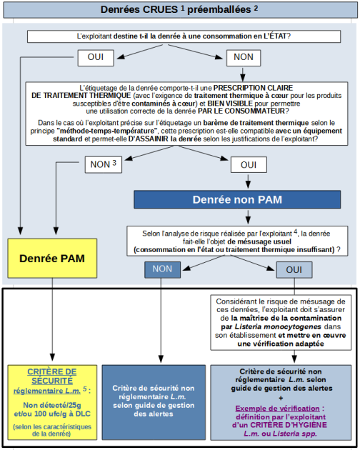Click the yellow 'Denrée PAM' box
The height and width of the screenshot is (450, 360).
52,259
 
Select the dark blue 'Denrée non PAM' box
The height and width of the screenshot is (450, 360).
237,199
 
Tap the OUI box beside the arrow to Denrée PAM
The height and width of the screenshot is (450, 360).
96,58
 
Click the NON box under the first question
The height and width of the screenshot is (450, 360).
244,58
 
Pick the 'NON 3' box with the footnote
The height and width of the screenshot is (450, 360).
104,164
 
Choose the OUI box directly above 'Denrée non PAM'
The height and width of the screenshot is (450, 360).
249,164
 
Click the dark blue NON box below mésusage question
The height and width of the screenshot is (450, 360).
162,269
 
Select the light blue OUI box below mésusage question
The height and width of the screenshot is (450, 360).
294,270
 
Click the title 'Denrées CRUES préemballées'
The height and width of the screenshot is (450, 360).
179,9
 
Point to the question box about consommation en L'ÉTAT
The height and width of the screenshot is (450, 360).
184,36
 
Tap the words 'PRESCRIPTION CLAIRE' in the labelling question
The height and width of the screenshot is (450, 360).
253,88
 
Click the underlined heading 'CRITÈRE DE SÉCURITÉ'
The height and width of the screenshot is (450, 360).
52,376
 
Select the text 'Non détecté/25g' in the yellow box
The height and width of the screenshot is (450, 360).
52,405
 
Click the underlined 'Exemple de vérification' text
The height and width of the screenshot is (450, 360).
277,409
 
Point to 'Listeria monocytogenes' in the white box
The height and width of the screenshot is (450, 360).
278,326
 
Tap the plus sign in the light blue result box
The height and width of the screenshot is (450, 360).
281,398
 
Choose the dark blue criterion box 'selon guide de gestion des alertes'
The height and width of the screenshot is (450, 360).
154,402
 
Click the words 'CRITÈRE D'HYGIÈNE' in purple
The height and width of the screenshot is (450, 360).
289,425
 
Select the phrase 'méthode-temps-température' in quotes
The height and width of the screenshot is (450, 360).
108,131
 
